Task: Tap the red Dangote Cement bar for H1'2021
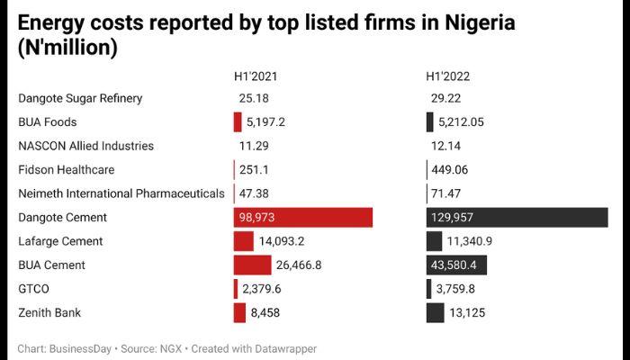(302, 218)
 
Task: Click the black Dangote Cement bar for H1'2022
(517, 218)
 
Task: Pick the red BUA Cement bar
(252, 265)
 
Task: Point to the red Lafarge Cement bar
(243, 241)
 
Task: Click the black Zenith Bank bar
(435, 313)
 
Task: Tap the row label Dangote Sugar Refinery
(80, 98)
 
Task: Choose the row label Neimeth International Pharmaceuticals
(121, 193)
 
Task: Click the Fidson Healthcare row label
(66, 169)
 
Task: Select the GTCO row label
(34, 289)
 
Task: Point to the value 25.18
(255, 98)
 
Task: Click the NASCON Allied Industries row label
(85, 146)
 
